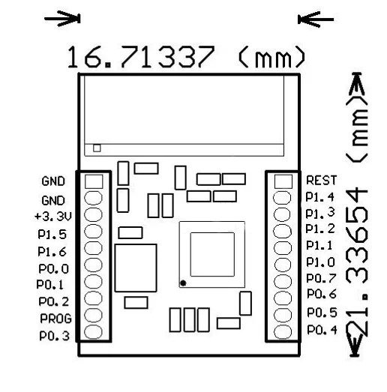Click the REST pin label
pyautogui.click(x=322, y=180)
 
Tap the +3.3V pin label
pyautogui.click(x=53, y=217)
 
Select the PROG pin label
pyautogui.click(x=55, y=319)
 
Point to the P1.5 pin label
pyautogui.click(x=52, y=235)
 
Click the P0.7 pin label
pyautogui.click(x=322, y=278)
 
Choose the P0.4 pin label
pyautogui.click(x=322, y=330)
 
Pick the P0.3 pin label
pyautogui.click(x=55, y=336)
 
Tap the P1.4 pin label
pyautogui.click(x=320, y=197)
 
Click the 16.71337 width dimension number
pyautogui.click(x=141, y=57)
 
